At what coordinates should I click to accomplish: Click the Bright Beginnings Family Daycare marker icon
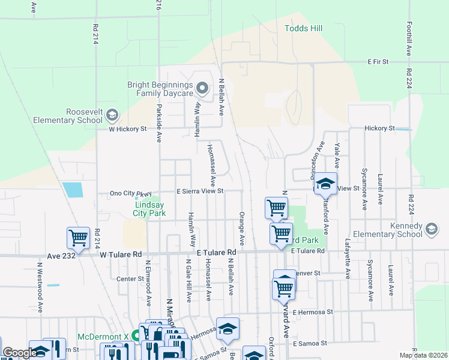(203, 89)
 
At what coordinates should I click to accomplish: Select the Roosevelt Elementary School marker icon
(112, 115)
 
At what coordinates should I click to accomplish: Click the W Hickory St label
(127, 128)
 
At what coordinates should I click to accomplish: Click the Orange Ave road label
(242, 228)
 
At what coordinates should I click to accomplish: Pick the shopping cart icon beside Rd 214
(79, 239)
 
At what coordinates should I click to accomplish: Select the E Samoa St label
(310, 343)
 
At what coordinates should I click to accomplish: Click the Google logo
(19, 353)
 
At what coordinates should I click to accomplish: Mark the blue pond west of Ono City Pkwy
(73, 190)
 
